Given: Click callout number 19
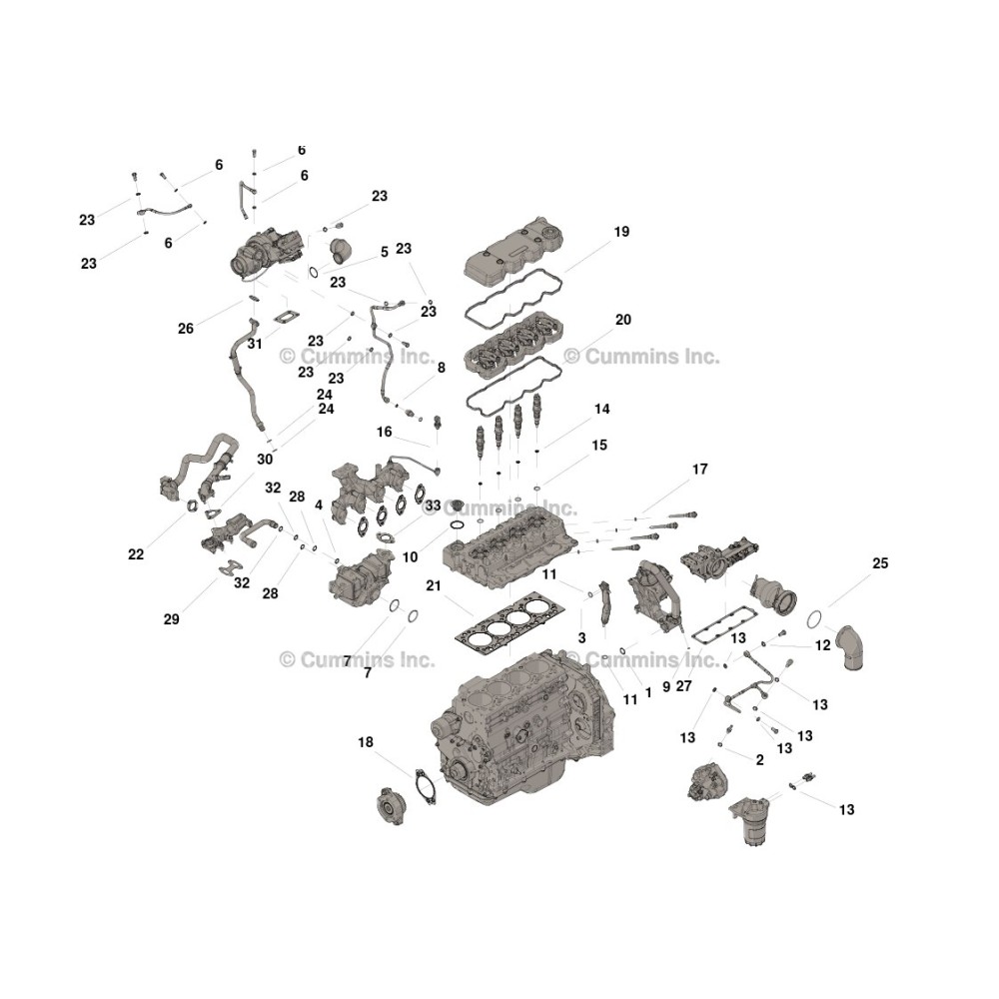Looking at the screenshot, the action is pyautogui.click(x=621, y=232).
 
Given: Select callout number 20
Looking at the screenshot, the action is pyautogui.click(x=623, y=320).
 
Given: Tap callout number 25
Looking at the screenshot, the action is pyautogui.click(x=880, y=563).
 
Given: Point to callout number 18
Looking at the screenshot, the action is pyautogui.click(x=365, y=742).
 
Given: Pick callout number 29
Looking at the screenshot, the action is pyautogui.click(x=172, y=618).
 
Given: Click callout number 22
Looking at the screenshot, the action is pyautogui.click(x=136, y=554).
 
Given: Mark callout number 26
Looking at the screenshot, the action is pyautogui.click(x=186, y=328).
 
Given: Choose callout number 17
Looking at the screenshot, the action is pyautogui.click(x=699, y=469).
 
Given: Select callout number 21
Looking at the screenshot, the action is pyautogui.click(x=434, y=585).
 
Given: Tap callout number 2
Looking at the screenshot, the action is pyautogui.click(x=759, y=759).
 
